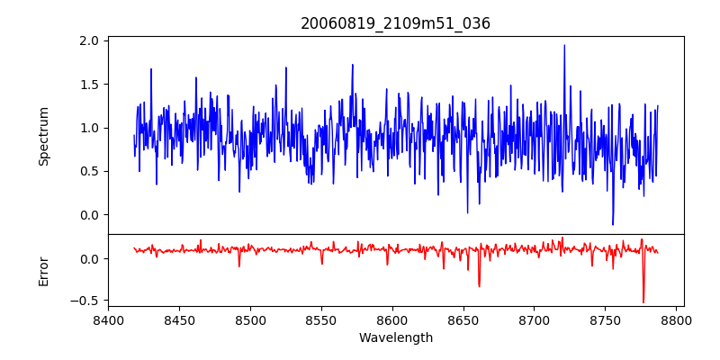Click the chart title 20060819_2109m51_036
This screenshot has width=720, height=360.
click(x=395, y=23)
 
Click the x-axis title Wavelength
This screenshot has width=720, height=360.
click(x=395, y=338)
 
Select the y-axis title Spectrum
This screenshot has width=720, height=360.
click(x=44, y=136)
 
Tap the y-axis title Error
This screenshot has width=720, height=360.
click(x=44, y=271)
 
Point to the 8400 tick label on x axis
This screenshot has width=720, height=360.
click(x=108, y=319)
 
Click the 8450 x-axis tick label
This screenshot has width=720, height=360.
click(x=179, y=319)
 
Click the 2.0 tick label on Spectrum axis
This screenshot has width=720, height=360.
click(x=89, y=41)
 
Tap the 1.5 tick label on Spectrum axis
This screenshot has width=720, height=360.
click(x=89, y=85)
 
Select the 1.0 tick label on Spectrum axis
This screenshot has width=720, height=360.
click(x=89, y=128)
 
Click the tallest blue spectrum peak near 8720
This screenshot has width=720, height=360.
click(x=564, y=45)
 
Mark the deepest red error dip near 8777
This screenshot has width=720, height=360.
click(x=643, y=302)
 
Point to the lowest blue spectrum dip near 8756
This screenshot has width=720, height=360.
click(x=613, y=224)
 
